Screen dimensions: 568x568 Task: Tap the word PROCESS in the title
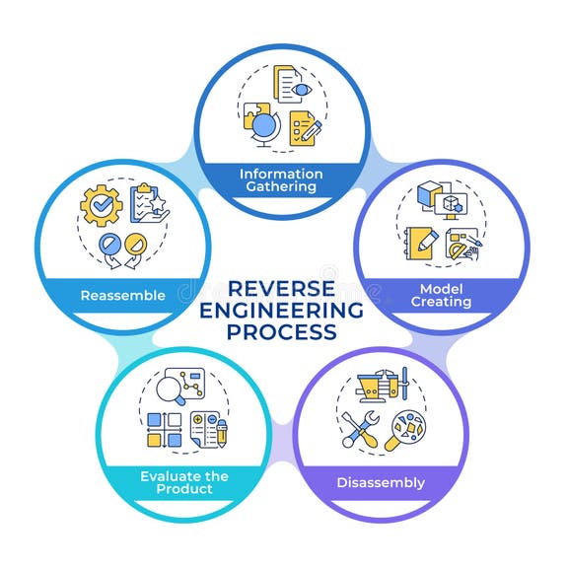point(282,332)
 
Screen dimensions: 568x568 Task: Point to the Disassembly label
point(381,482)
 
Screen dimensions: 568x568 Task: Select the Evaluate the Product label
point(183,482)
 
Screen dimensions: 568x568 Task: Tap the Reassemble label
point(122,295)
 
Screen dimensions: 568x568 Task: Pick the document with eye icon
point(292,87)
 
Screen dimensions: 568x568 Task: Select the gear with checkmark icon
point(102,204)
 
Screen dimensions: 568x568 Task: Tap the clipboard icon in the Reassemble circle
point(149,202)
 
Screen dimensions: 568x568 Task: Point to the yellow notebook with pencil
point(419,244)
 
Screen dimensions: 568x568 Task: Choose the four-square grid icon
point(164,430)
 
